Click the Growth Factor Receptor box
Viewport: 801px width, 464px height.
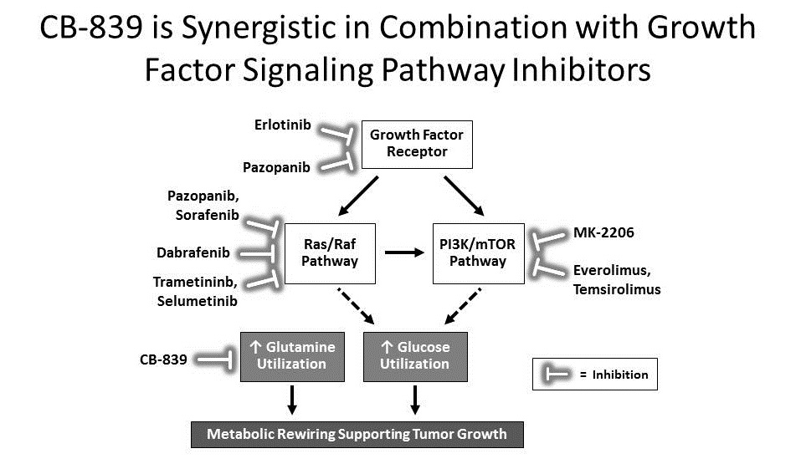(417, 145)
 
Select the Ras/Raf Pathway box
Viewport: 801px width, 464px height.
(331, 252)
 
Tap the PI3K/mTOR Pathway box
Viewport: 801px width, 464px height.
(477, 252)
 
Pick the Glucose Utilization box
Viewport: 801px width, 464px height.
(414, 355)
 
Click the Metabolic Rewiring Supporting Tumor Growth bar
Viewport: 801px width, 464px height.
(357, 434)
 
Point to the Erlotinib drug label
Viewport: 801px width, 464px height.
(283, 125)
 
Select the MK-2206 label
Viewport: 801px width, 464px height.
(603, 232)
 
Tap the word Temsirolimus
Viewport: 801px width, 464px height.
(617, 290)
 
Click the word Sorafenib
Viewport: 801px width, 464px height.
(207, 216)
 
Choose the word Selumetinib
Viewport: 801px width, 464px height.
(197, 301)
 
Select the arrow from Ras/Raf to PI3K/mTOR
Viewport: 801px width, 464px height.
(404, 252)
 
